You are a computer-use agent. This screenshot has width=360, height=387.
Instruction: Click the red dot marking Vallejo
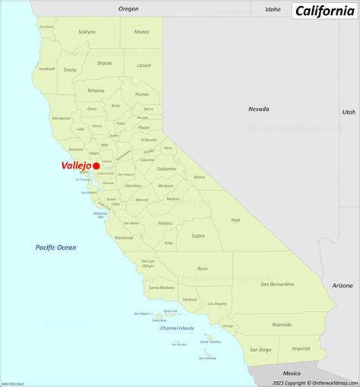[96, 165]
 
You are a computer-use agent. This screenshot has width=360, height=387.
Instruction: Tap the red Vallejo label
[77, 165]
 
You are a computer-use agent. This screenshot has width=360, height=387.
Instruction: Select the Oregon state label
[129, 8]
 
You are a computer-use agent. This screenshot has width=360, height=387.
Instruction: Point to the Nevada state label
[258, 109]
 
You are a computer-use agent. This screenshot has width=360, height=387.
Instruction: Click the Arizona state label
[343, 285]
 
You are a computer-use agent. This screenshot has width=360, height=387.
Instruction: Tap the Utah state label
[349, 112]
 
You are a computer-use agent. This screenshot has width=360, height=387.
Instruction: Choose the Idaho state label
[273, 9]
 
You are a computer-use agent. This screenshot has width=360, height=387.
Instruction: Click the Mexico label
[292, 373]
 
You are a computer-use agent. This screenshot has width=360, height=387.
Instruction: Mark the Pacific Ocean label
[55, 247]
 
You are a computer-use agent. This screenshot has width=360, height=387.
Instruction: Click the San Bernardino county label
[276, 285]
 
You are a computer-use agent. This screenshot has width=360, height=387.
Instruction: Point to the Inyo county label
[235, 220]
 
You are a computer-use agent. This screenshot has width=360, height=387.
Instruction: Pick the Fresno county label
[165, 224]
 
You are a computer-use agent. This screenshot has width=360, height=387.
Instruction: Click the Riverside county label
[282, 324]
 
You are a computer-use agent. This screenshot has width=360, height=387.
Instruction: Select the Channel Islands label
[176, 328]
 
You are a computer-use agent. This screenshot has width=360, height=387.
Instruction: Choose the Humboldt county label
[47, 68]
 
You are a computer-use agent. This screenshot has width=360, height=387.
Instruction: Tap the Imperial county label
[301, 348]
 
